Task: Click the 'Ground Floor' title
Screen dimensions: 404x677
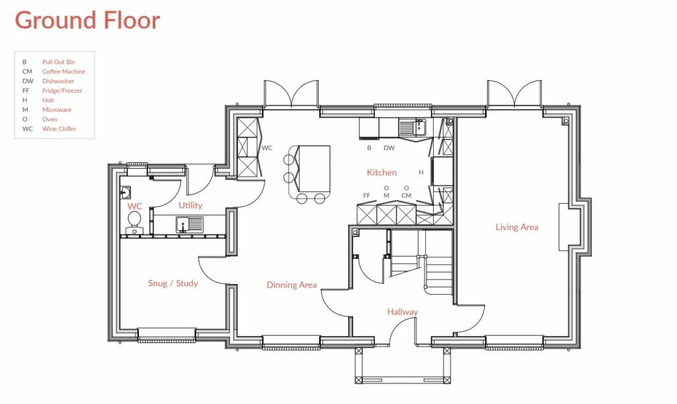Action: (x=87, y=20)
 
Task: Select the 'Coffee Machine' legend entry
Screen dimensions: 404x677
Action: (x=63, y=71)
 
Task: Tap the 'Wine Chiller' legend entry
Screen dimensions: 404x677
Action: (x=59, y=129)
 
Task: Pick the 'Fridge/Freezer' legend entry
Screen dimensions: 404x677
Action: (x=62, y=91)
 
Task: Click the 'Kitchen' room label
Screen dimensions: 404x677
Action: (x=381, y=173)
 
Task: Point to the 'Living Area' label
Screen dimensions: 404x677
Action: (x=516, y=227)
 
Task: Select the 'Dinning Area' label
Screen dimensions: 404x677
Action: (x=292, y=285)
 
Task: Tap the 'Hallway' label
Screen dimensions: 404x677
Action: (x=402, y=312)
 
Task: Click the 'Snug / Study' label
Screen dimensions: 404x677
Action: (x=173, y=284)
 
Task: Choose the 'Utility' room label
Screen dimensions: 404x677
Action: (x=190, y=206)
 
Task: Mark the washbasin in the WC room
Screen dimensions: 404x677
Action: (x=126, y=193)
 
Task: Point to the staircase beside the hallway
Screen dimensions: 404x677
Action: (x=436, y=268)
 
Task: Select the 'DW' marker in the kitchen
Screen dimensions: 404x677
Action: (x=389, y=148)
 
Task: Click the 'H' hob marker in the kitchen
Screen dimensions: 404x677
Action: (x=421, y=172)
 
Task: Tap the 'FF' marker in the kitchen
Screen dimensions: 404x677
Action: (x=366, y=196)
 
